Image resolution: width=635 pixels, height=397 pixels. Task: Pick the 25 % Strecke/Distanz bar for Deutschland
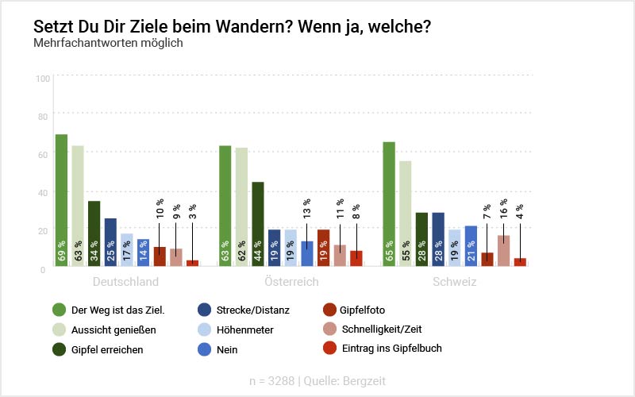point(110,242)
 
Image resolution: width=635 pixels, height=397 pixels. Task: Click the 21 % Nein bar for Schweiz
point(470,246)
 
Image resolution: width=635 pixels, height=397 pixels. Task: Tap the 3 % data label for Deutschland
point(192,212)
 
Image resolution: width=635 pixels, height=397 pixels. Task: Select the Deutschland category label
point(125,282)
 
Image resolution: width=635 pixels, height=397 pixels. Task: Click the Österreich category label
point(291,282)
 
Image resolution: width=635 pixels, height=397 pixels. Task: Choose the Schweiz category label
point(454,282)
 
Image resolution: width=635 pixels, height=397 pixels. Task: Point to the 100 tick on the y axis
point(43,78)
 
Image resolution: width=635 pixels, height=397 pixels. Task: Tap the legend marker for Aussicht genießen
point(59,330)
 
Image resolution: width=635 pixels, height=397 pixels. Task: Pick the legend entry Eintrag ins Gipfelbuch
point(391,349)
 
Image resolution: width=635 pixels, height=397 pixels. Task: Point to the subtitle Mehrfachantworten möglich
point(108,43)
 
